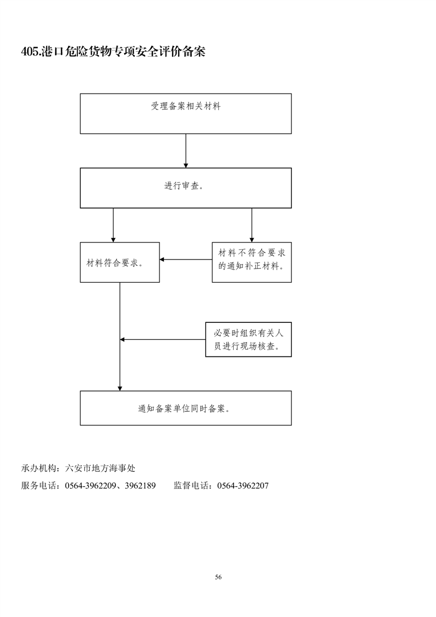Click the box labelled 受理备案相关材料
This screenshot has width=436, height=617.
click(186, 114)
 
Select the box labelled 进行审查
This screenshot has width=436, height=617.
click(186, 188)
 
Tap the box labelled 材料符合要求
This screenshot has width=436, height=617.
click(120, 262)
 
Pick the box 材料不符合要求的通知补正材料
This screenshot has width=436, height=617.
click(252, 262)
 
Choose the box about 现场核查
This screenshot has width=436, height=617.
click(249, 340)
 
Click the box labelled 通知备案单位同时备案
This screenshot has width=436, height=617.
click(186, 408)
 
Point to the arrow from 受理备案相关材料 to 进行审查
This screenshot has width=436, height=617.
click(186, 151)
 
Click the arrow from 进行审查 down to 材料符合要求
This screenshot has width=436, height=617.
click(113, 225)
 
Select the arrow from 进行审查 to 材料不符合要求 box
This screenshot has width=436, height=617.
click(252, 225)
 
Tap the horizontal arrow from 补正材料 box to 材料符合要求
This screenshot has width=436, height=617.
click(186, 260)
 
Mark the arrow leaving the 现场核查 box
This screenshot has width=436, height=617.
click(163, 340)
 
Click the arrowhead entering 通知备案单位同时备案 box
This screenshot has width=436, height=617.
click(120, 388)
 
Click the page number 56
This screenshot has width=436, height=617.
click(218, 577)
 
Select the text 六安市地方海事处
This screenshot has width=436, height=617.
click(101, 469)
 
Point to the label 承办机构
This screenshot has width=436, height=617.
click(38, 469)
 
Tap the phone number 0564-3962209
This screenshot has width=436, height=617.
click(91, 486)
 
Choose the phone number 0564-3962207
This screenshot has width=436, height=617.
click(243, 486)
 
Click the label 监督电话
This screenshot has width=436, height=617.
click(191, 486)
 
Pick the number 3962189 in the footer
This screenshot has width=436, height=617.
click(140, 486)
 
